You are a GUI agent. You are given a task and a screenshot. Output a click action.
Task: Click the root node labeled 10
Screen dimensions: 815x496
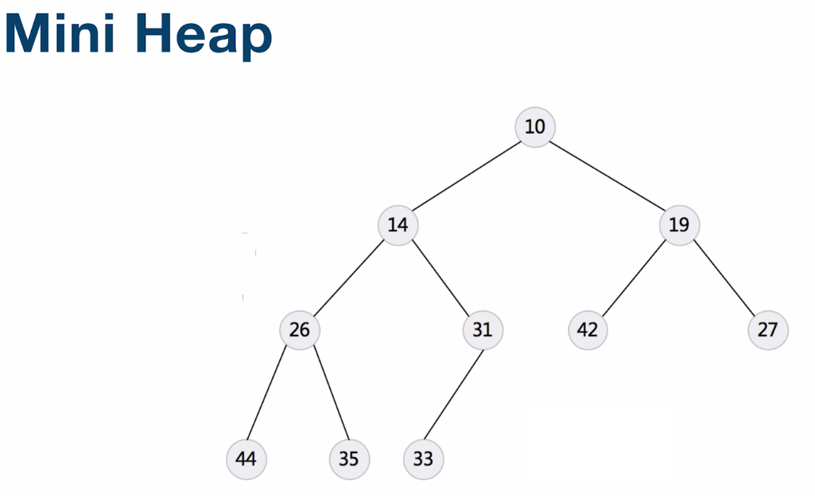pos(535,126)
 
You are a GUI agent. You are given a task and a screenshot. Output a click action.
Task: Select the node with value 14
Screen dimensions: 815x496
pos(398,225)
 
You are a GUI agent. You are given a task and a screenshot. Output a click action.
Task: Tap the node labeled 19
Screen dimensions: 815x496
pos(679,225)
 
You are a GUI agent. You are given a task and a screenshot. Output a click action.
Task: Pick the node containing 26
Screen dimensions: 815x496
pos(300,329)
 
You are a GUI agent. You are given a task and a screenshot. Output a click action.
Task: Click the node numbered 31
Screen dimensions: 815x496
pos(483,329)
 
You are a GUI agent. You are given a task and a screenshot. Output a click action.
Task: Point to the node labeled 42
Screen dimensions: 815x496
pos(588,329)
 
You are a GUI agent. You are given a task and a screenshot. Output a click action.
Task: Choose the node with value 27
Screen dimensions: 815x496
pos(767,329)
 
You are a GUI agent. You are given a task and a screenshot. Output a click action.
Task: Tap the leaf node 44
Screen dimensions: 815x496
pos(246,459)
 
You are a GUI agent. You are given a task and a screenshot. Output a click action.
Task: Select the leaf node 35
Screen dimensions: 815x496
pos(349,459)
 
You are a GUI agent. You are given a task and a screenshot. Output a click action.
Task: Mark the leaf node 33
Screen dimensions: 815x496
pos(424,459)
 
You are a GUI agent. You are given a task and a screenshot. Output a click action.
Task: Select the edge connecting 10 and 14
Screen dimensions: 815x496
pos(467,176)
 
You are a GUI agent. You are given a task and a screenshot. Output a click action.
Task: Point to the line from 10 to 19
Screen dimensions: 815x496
pos(607,176)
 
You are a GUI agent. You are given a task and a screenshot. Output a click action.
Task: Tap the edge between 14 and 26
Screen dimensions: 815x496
pos(349,277)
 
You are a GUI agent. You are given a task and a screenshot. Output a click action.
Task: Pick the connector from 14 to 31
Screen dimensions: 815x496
pos(440,277)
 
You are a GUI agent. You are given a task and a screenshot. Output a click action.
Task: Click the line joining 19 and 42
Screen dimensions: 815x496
pos(634,277)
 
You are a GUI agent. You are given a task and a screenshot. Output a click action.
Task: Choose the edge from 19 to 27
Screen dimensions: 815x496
pos(723,277)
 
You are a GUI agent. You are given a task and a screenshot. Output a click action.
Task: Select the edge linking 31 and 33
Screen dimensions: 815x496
pos(453,393)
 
